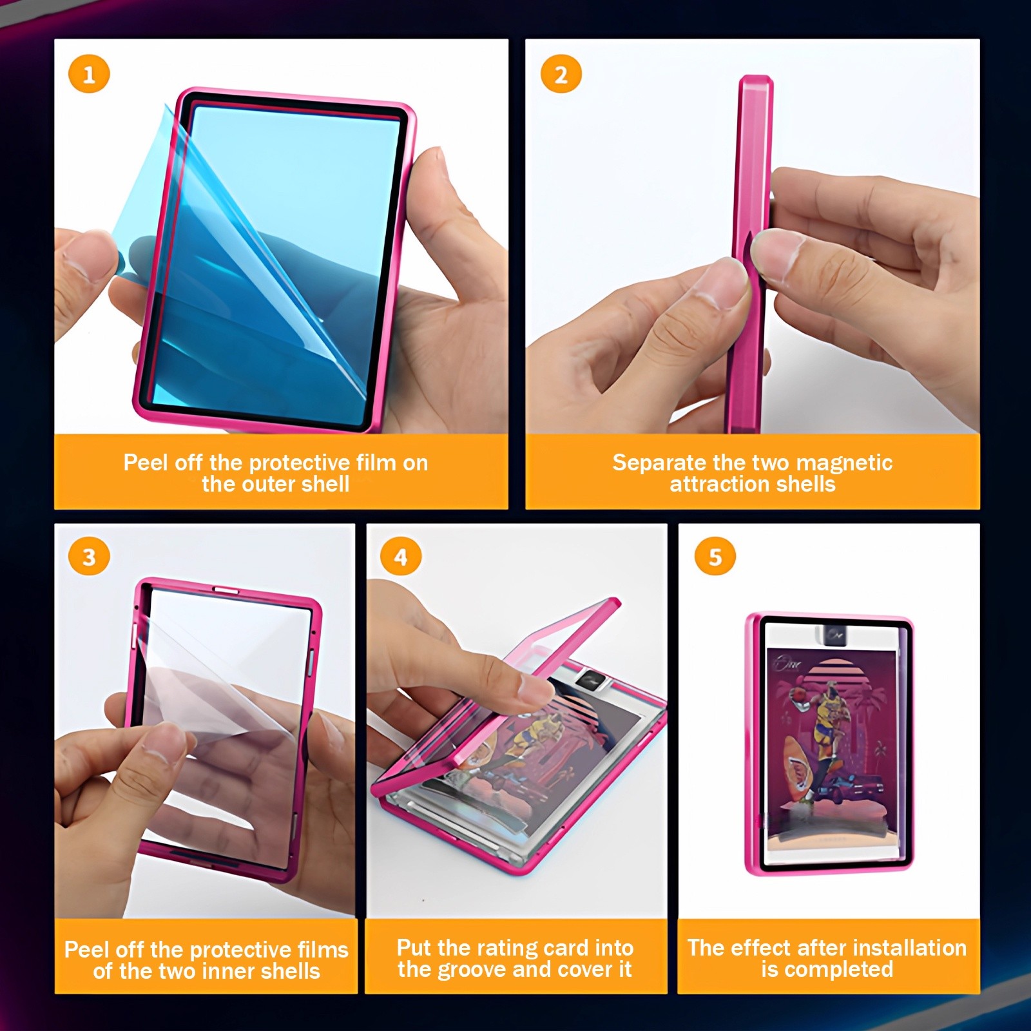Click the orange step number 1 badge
pos(89,75)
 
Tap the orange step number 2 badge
pos(561,75)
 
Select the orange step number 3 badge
pos(89,557)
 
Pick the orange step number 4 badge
pos(401,557)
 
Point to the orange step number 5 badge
pos(715,557)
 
